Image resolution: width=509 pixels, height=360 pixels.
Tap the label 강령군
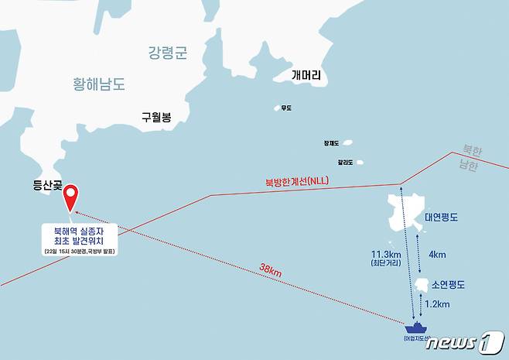[169, 53]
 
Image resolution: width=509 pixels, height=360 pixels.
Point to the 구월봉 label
[155, 118]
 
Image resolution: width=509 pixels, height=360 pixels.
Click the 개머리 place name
[310, 76]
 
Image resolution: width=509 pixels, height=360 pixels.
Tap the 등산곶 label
[48, 185]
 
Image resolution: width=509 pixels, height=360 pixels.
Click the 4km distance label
[436, 254]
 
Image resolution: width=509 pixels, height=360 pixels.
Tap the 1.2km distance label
[437, 304]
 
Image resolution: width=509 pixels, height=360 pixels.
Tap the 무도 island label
[286, 108]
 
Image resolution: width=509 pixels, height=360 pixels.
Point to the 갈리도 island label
[345, 163]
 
